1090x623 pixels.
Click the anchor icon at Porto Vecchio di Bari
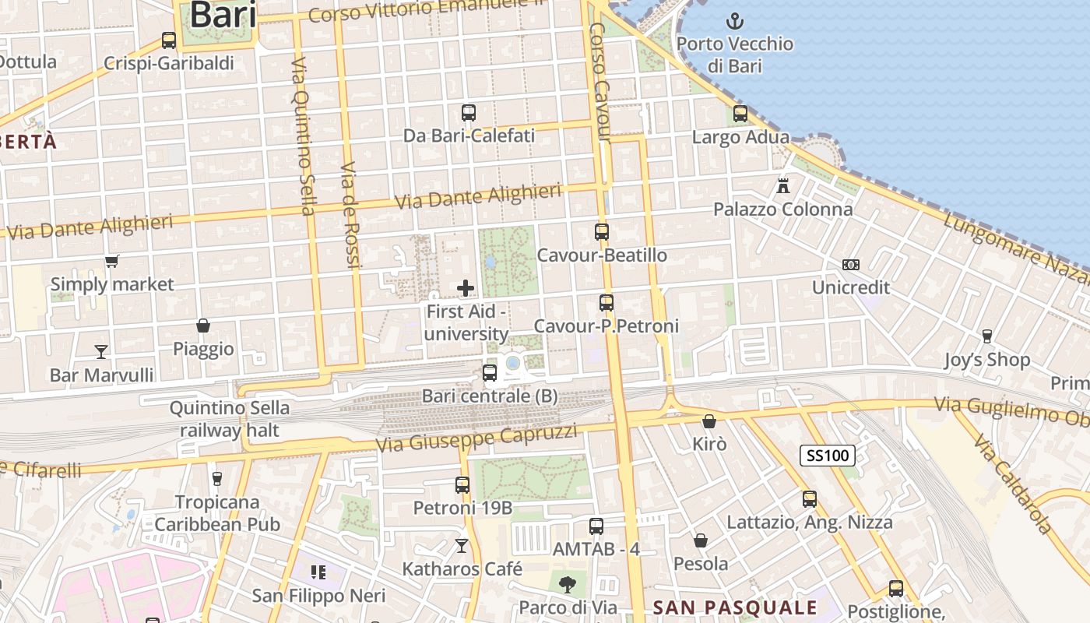click(735, 21)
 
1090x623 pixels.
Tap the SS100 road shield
click(827, 456)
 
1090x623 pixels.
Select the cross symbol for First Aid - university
click(466, 288)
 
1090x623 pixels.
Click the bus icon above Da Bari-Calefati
click(469, 113)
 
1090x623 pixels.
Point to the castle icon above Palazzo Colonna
click(783, 186)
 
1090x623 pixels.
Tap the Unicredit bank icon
click(851, 265)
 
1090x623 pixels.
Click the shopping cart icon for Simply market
click(112, 261)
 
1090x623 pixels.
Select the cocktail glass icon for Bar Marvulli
click(101, 352)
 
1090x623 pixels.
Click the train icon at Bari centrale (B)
click(490, 373)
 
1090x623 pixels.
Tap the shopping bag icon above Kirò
click(709, 421)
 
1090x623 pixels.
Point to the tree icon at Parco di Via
click(568, 583)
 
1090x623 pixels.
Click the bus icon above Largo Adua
click(740, 114)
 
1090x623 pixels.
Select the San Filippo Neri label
click(319, 597)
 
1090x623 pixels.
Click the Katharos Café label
click(462, 569)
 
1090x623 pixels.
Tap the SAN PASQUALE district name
click(735, 607)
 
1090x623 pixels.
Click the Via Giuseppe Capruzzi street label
click(476, 439)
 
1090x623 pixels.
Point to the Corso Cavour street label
click(599, 82)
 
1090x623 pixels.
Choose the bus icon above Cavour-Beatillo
click(602, 231)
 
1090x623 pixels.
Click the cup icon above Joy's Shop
click(987, 336)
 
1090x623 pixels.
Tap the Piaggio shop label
click(203, 349)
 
